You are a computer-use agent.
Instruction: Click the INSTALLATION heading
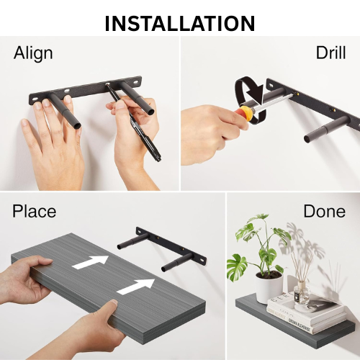coord(180,23)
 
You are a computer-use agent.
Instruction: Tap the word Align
coord(33,53)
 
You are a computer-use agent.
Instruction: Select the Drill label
coord(330,53)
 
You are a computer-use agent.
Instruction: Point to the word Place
coord(34,211)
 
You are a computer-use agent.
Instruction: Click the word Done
coord(325,211)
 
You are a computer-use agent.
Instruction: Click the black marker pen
coord(134,122)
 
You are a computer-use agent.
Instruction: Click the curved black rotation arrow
coord(251,101)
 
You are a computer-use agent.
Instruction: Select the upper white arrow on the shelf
coord(91,262)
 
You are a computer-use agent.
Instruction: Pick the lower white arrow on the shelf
coord(136,287)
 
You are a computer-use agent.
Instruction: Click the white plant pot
coord(269,286)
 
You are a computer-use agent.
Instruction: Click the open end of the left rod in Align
coord(77,126)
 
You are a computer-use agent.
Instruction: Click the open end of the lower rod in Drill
coord(307,139)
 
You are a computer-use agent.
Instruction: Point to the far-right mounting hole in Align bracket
coord(136,82)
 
